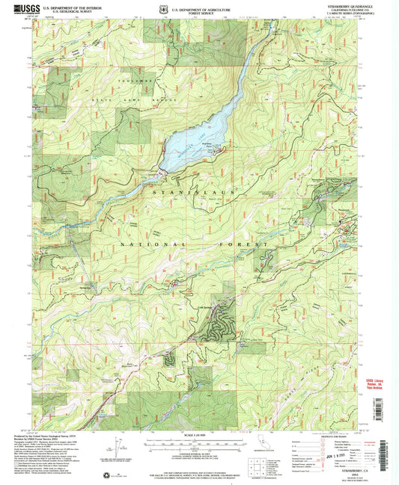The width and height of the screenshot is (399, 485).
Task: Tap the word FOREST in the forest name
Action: tap(243, 244)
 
